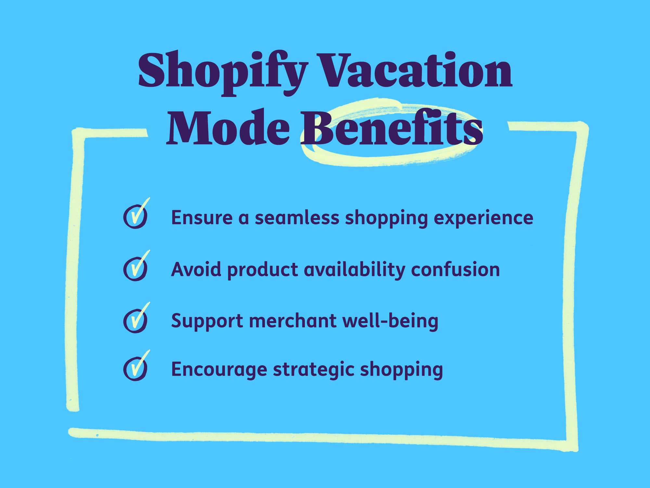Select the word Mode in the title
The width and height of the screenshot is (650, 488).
[x=227, y=129]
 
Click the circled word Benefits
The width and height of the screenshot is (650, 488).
[x=392, y=129]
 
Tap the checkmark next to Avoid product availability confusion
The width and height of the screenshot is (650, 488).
[x=136, y=268]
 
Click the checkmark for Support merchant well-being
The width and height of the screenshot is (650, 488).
[x=136, y=320]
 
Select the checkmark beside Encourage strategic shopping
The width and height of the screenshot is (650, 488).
[x=136, y=368]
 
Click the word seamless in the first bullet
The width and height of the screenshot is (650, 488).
[x=297, y=217]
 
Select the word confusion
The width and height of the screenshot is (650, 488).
[x=455, y=269]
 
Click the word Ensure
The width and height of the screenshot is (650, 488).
[x=202, y=217]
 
